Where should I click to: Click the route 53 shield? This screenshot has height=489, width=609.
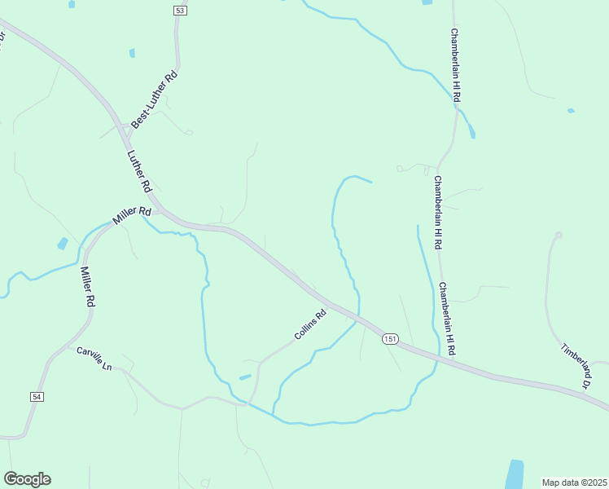180,10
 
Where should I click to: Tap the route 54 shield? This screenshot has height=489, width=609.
37,396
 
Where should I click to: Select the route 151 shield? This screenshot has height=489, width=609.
391,338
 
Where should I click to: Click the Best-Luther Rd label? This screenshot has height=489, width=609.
154,102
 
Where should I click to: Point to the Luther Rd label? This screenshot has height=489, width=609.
140,171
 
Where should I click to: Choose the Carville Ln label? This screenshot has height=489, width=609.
94,356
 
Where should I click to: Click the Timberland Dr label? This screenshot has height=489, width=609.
575,364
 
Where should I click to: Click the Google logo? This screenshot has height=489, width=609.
27,479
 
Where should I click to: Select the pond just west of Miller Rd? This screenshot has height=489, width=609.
63,243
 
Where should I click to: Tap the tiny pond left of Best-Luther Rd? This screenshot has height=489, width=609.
132,53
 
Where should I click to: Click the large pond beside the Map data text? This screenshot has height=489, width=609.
515,474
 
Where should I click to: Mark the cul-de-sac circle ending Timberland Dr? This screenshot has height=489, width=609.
558,235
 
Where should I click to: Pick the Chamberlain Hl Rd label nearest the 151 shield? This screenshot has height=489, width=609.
447,318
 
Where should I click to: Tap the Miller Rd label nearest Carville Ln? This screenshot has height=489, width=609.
86,286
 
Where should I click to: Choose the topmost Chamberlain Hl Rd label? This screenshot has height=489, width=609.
457,65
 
